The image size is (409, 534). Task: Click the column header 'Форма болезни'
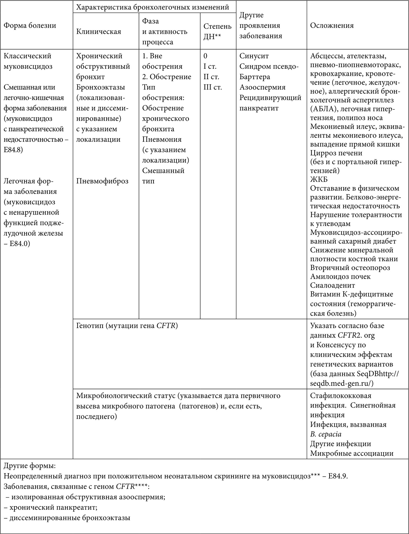click(x=30, y=26)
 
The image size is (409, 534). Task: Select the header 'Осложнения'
click(x=332, y=26)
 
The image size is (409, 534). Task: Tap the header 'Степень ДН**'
click(x=217, y=31)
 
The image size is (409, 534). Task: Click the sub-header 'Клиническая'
click(x=99, y=32)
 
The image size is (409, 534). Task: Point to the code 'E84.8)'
click(x=13, y=150)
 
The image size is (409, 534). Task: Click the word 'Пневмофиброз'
click(x=102, y=181)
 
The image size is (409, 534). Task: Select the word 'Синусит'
click(x=254, y=56)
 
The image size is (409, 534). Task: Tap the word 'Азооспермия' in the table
click(x=262, y=87)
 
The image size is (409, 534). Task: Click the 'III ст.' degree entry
click(x=213, y=87)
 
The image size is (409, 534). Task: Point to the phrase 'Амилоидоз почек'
click(x=340, y=276)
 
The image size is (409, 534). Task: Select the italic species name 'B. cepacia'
click(x=326, y=434)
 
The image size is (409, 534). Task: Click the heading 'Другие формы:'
click(x=30, y=466)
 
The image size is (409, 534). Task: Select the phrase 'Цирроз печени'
click(x=336, y=153)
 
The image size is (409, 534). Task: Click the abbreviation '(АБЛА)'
click(x=321, y=109)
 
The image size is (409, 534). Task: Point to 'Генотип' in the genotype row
click(x=89, y=326)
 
